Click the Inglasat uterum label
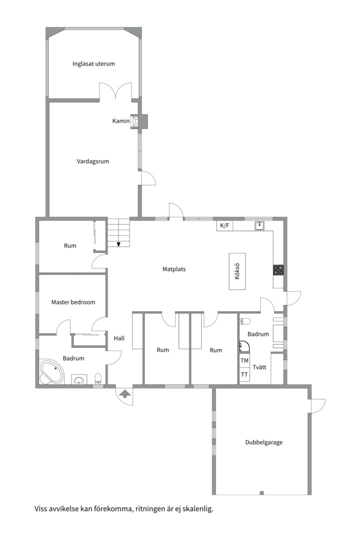pyautogui.click(x=93, y=63)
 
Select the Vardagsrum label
pyautogui.click(x=92, y=161)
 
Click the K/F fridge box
pyautogui.click(x=224, y=225)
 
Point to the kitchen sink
pyautogui.click(x=259, y=225)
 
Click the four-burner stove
pyautogui.click(x=278, y=270)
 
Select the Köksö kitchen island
pyautogui.click(x=237, y=271)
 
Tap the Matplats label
pyautogui.click(x=174, y=269)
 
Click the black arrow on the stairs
pyautogui.click(x=118, y=244)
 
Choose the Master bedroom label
pyautogui.click(x=73, y=302)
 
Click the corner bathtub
pyautogui.click(x=51, y=372)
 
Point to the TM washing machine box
pyautogui.click(x=244, y=360)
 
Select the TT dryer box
pyautogui.click(x=244, y=374)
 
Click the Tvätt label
pyautogui.click(x=259, y=367)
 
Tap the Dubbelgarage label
pyautogui.click(x=264, y=442)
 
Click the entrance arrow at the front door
pyautogui.click(x=124, y=393)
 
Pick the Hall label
pyautogui.click(x=119, y=338)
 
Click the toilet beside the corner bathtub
pyautogui.click(x=98, y=378)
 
